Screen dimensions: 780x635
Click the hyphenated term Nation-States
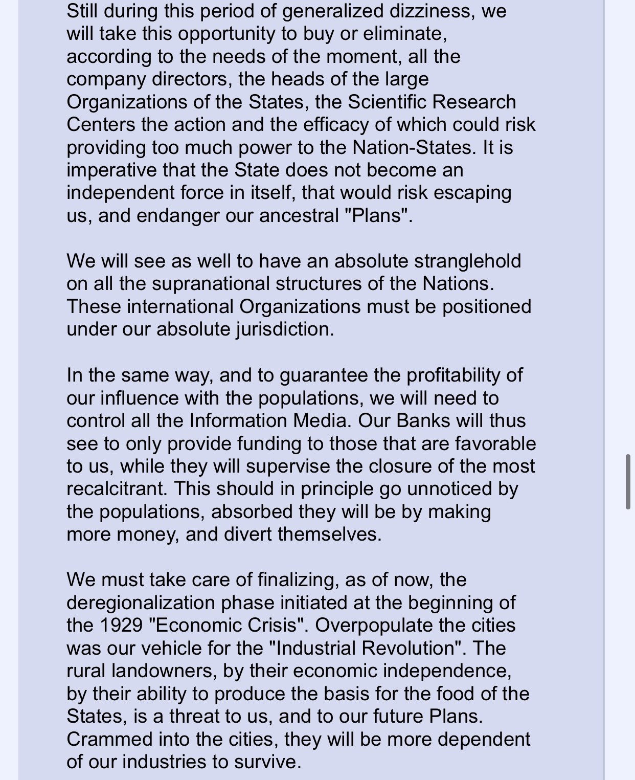pos(411,147)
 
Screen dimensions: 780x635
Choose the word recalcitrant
pos(116,488)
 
